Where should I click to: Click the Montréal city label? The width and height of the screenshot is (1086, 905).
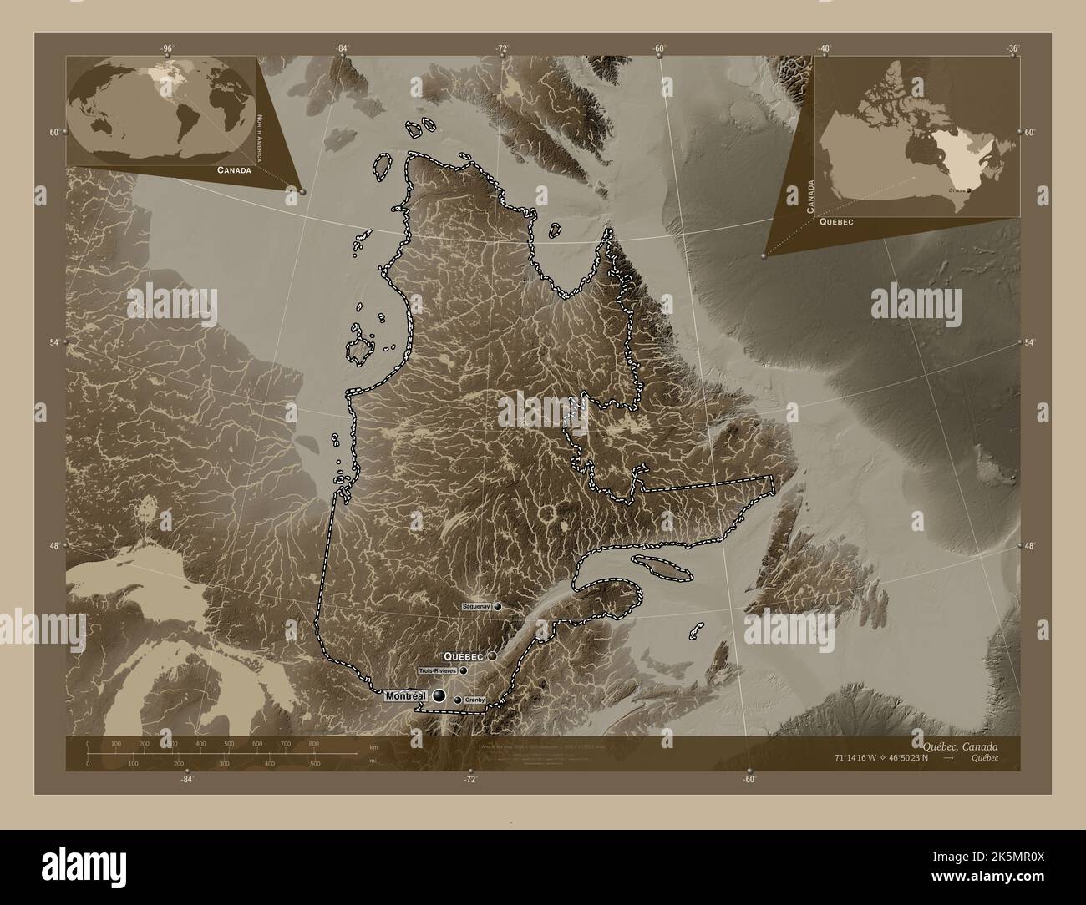click(x=405, y=695)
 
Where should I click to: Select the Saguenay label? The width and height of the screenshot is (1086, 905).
click(x=476, y=605)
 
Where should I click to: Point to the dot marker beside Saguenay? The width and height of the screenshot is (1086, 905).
click(x=498, y=605)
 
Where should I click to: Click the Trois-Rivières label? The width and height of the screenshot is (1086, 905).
click(x=438, y=670)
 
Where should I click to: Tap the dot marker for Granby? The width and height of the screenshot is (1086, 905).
click(x=458, y=700)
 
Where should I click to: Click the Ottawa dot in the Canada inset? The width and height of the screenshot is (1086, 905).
click(x=969, y=190)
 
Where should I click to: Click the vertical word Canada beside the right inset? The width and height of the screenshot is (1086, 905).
click(x=809, y=196)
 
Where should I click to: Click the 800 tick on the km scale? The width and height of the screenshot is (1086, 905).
click(x=313, y=743)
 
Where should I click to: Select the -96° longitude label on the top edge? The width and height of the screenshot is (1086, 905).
click(x=167, y=48)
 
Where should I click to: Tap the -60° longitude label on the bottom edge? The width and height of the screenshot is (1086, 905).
click(x=749, y=780)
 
